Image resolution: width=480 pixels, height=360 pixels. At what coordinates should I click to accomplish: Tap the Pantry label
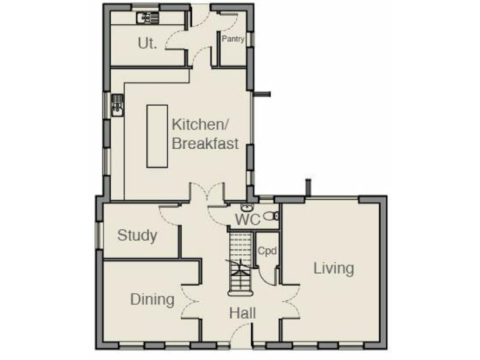(x=232, y=38)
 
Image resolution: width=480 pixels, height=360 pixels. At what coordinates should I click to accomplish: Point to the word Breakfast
(x=205, y=143)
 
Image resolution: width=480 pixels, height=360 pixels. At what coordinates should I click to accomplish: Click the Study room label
(x=137, y=236)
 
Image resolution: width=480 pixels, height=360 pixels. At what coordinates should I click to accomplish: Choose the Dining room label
(x=152, y=299)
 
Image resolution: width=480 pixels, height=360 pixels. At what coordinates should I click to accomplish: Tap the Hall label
(x=242, y=313)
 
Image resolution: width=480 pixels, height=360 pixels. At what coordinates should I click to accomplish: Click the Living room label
(x=333, y=268)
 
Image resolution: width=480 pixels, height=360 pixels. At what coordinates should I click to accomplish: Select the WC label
(x=247, y=219)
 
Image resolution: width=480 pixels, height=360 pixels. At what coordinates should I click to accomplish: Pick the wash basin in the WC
(x=247, y=207)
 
